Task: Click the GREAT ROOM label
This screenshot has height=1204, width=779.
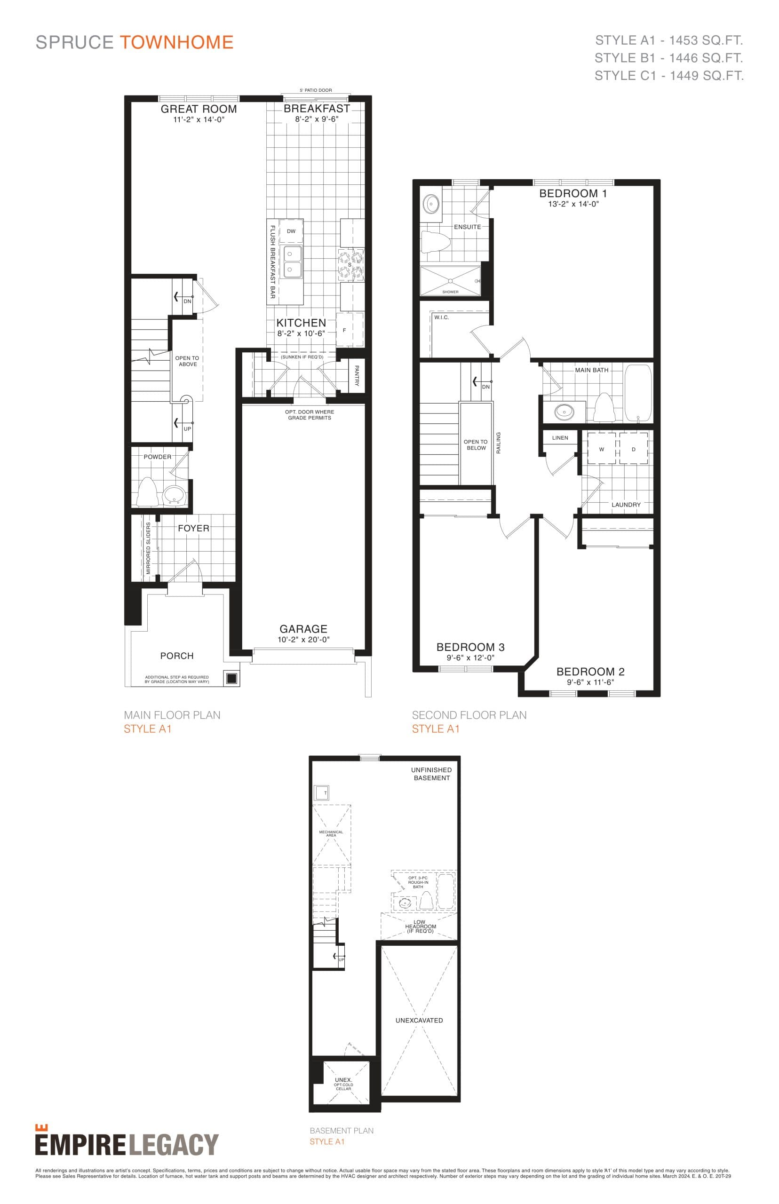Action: click(x=199, y=109)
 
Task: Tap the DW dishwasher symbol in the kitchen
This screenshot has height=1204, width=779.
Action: click(x=291, y=231)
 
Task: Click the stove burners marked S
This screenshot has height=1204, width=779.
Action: click(x=351, y=265)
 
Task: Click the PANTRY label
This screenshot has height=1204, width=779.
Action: click(x=356, y=375)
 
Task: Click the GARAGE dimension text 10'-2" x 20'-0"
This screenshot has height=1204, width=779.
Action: click(x=303, y=639)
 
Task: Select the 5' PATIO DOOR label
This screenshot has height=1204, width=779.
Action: click(x=316, y=90)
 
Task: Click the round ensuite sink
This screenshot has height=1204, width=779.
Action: click(x=431, y=204)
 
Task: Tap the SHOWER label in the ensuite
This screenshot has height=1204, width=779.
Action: click(x=450, y=292)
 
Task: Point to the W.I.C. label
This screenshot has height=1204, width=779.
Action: click(x=441, y=317)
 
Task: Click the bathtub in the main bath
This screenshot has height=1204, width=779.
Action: click(x=637, y=392)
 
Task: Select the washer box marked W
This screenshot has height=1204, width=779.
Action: click(x=602, y=449)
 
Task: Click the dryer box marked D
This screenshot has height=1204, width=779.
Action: click(x=633, y=449)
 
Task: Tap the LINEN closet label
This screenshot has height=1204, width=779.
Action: click(x=560, y=437)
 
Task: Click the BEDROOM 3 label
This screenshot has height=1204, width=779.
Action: click(x=470, y=647)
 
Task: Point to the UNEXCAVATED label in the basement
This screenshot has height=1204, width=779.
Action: click(x=419, y=1020)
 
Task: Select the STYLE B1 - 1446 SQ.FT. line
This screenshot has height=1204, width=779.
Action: click(x=668, y=58)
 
